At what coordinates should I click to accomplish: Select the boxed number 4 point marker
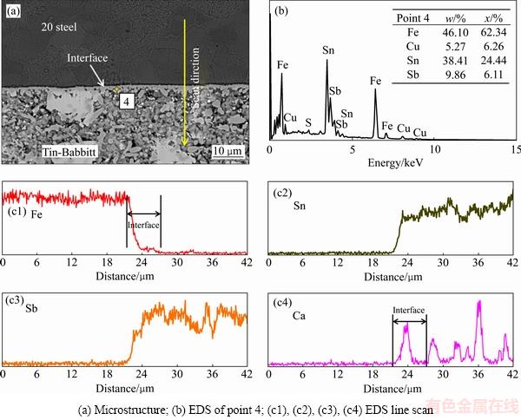127,101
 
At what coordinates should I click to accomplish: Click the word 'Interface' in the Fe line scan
144,223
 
